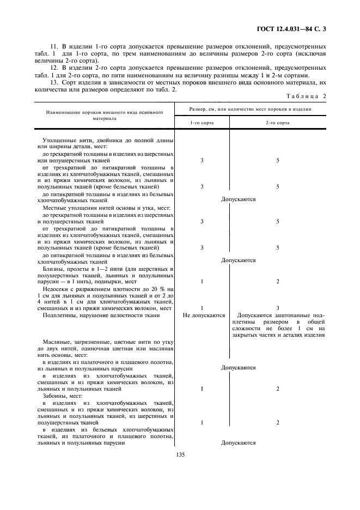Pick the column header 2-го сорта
[x=277, y=124]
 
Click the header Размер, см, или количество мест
[x=250, y=109]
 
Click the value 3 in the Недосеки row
[x=277, y=308]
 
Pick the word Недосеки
[x=55, y=288]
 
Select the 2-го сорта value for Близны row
[x=277, y=282]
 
